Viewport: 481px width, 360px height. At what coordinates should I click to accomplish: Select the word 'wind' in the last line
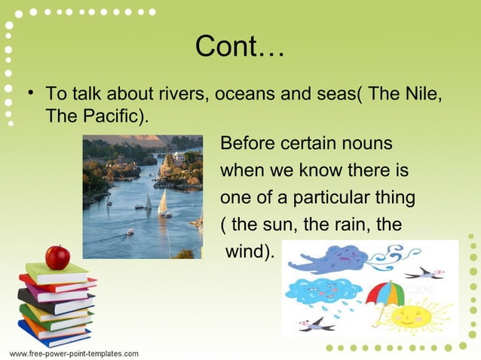[246, 252]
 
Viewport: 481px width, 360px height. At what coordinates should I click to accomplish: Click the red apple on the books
[57, 257]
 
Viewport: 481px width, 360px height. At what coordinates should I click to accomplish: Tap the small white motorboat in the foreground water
[130, 232]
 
